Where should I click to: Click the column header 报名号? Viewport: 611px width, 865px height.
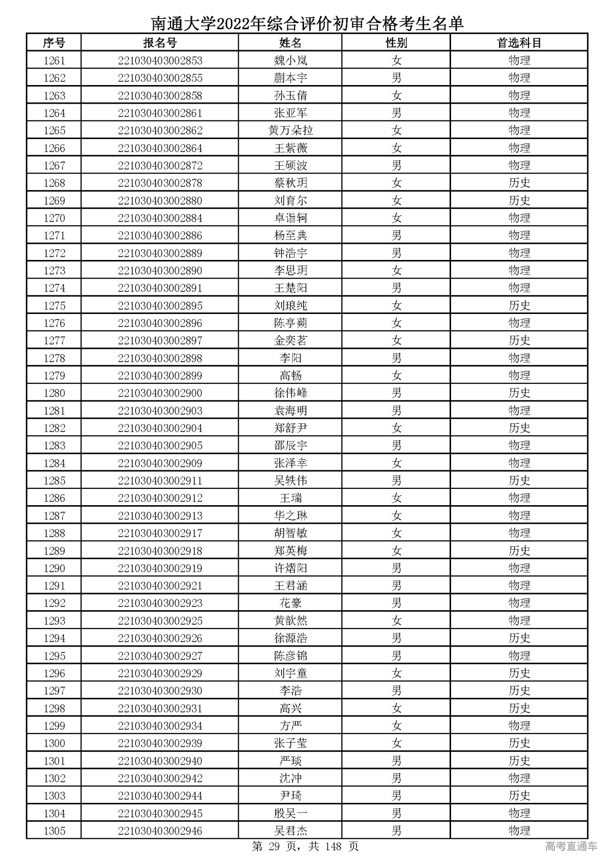160,43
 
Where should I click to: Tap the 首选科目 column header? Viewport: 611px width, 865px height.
519,43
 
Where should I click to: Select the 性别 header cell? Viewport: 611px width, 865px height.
396,43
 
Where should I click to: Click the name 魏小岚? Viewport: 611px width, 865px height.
290,61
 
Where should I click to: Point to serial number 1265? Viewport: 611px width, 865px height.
54,130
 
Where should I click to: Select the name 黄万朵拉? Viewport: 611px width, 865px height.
290,130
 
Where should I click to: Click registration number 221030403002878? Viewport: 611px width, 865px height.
160,183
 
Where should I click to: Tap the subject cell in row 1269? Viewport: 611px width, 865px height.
519,201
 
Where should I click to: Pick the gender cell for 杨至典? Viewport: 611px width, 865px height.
396,236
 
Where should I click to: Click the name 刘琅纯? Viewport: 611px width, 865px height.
290,305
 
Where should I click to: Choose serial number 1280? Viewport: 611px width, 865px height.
54,393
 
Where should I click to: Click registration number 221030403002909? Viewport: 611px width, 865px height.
160,463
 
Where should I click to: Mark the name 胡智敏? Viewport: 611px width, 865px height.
290,533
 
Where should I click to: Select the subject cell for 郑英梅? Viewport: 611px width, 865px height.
519,551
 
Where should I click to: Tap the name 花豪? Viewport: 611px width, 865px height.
290,603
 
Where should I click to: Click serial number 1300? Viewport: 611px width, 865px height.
54,743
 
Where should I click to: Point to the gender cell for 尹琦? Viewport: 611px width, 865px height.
396,796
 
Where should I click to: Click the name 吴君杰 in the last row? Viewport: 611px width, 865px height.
290,831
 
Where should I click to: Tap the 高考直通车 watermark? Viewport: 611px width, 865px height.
571,846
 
